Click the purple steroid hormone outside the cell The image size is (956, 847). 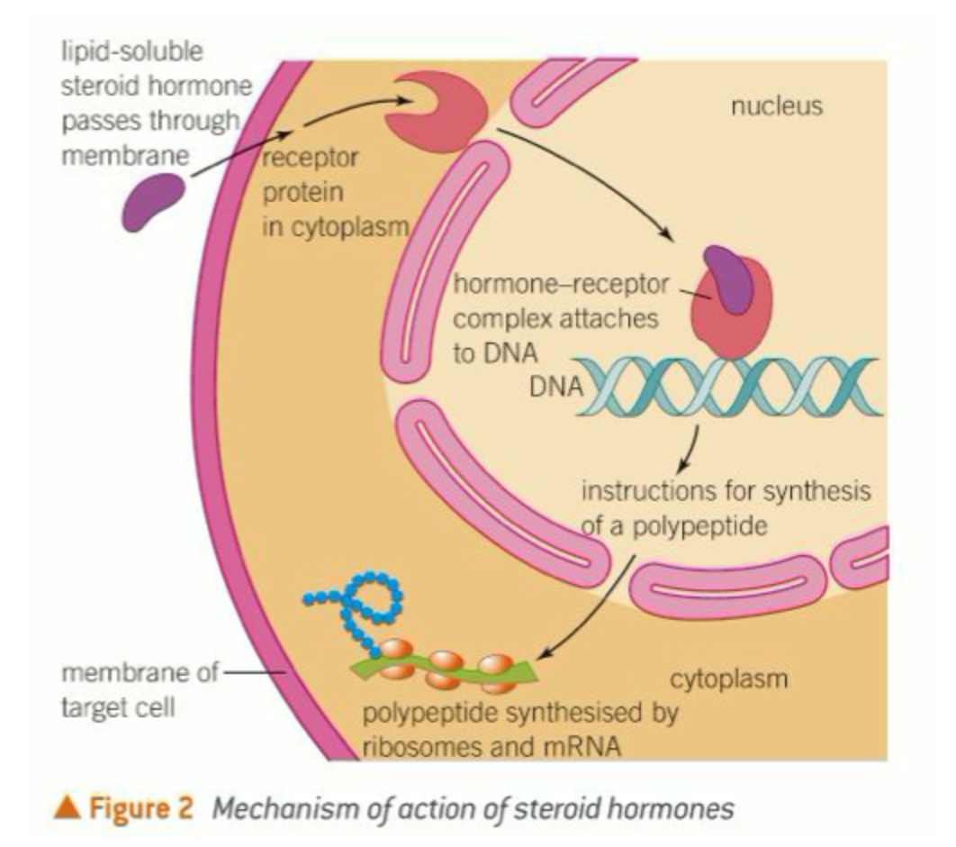click(x=155, y=200)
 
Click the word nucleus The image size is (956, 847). click(x=776, y=106)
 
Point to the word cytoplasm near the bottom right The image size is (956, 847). click(x=728, y=679)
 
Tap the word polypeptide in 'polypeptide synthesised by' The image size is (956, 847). click(x=423, y=714)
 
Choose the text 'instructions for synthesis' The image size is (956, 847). click(x=726, y=493)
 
